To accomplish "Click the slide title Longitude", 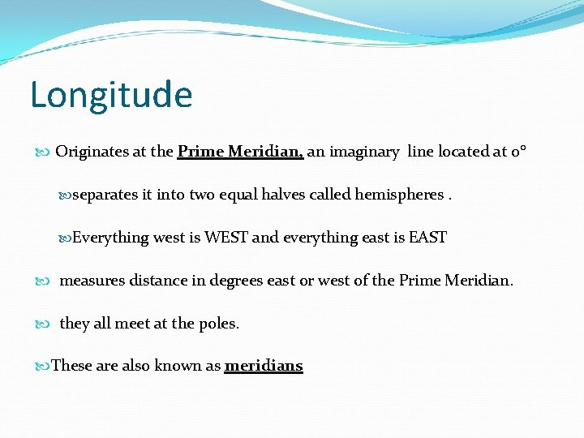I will click(x=111, y=95).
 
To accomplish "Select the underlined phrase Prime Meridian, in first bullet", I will click(x=240, y=152).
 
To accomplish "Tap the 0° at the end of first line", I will click(x=519, y=152).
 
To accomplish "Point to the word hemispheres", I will click(x=399, y=195).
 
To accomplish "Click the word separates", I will click(x=105, y=195).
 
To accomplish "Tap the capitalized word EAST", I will click(x=427, y=238).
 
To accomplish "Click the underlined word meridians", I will click(x=263, y=366).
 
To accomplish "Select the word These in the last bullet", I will click(x=71, y=366).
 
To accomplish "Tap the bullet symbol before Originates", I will click(x=44, y=152).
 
